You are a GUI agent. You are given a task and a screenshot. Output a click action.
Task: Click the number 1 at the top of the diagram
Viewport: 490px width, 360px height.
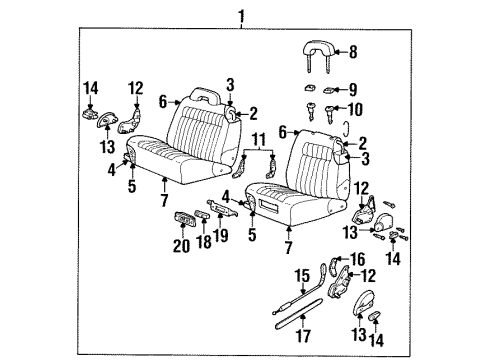[x=240, y=14]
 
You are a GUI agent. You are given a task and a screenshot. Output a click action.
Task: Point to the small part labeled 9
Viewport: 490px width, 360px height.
[x=313, y=91]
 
